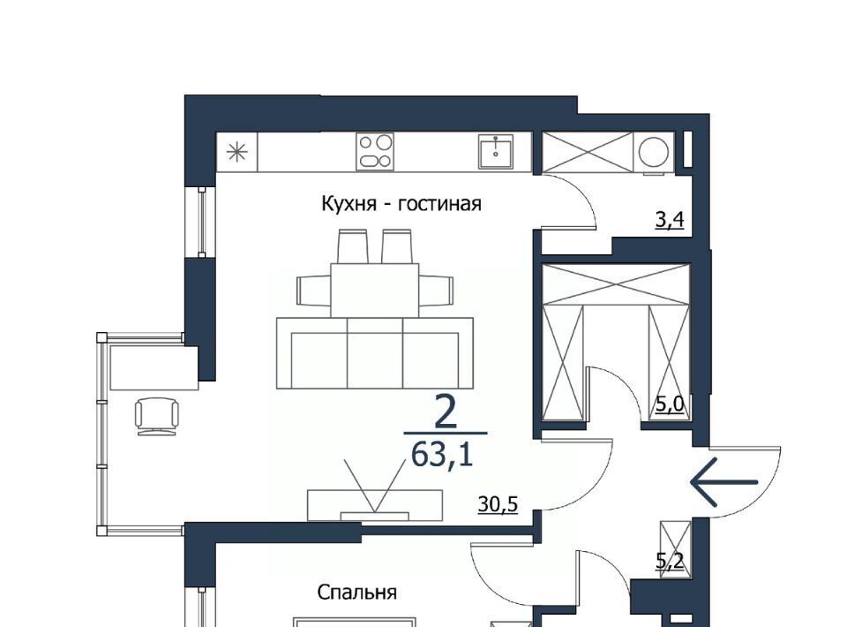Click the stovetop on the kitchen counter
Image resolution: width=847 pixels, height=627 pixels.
375,151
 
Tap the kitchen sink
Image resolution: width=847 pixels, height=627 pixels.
495,151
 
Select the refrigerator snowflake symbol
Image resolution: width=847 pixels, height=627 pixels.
236,153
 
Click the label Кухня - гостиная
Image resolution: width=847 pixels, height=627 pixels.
401,204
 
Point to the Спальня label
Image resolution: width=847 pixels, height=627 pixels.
356,593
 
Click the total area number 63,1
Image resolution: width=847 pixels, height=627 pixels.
442,455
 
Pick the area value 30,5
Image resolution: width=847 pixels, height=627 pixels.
498,504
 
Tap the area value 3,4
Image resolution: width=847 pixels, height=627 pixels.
670,220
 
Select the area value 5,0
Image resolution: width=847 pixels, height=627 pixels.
670,404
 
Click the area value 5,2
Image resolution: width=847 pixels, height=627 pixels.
670,561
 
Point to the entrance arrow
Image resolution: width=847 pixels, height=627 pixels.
724,482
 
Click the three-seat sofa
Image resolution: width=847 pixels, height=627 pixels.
375,353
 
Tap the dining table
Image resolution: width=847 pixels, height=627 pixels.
375,291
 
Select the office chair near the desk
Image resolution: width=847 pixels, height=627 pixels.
157,416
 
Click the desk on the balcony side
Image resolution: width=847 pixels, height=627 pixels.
154,367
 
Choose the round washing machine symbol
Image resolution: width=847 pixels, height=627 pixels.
654,151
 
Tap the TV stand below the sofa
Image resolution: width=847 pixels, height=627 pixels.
375,505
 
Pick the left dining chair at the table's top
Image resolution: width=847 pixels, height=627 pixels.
352,246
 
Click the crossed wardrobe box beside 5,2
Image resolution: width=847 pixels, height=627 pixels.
675,548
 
